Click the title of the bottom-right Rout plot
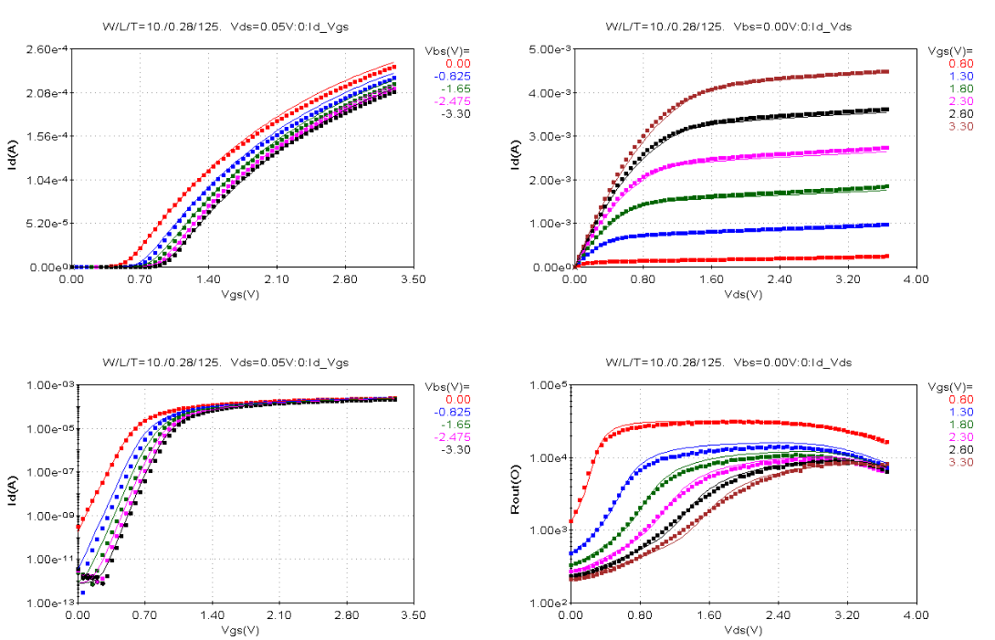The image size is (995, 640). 728,362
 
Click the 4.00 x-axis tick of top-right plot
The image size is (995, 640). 916,279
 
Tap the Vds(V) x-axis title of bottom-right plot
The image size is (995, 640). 743,630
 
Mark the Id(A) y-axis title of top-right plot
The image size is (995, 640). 517,158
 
